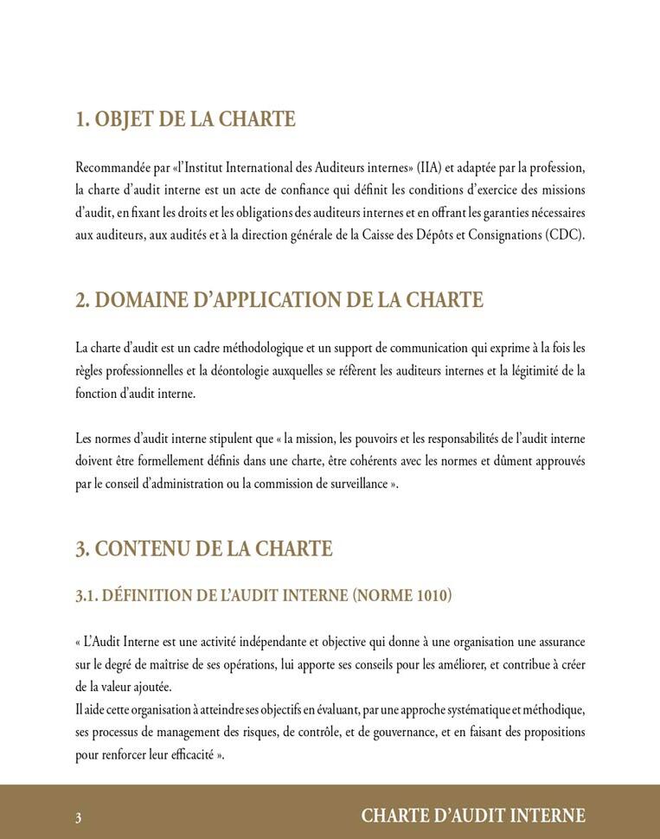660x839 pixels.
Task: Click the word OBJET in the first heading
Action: (125, 119)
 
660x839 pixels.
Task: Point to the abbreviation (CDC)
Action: (566, 235)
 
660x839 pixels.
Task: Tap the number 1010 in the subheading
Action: (431, 596)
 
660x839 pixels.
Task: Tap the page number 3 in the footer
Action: (79, 817)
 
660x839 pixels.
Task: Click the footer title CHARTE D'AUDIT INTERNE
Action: (473, 817)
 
